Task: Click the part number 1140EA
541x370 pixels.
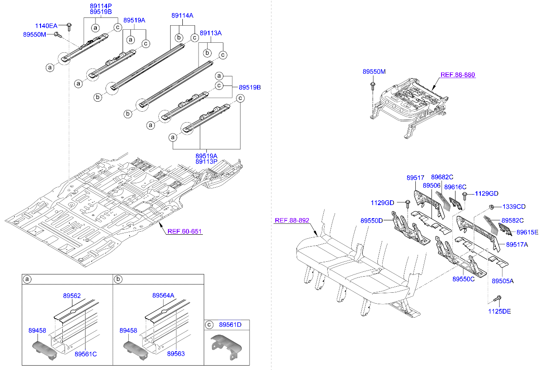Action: [x=46, y=26]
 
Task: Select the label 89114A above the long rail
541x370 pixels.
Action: [x=182, y=15]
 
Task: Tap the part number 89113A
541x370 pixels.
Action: [x=211, y=33]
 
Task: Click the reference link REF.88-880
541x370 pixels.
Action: [x=458, y=75]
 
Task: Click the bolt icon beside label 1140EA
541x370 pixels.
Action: [x=69, y=25]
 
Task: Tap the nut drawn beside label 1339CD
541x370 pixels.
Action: [x=491, y=207]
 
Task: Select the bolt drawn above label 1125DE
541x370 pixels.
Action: [x=497, y=299]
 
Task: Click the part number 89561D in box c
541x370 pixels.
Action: [x=230, y=325]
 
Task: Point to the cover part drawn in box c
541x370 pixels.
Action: [x=227, y=346]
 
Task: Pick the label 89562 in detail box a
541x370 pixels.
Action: [x=72, y=295]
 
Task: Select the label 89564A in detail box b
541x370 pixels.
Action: [x=163, y=295]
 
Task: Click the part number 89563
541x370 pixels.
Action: [x=175, y=354]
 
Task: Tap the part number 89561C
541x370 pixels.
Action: [x=85, y=354]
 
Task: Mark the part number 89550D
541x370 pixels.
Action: [x=371, y=221]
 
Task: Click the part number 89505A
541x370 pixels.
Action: [x=503, y=281]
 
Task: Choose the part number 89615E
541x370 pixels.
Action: [x=527, y=232]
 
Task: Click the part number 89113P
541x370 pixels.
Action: [x=206, y=161]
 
